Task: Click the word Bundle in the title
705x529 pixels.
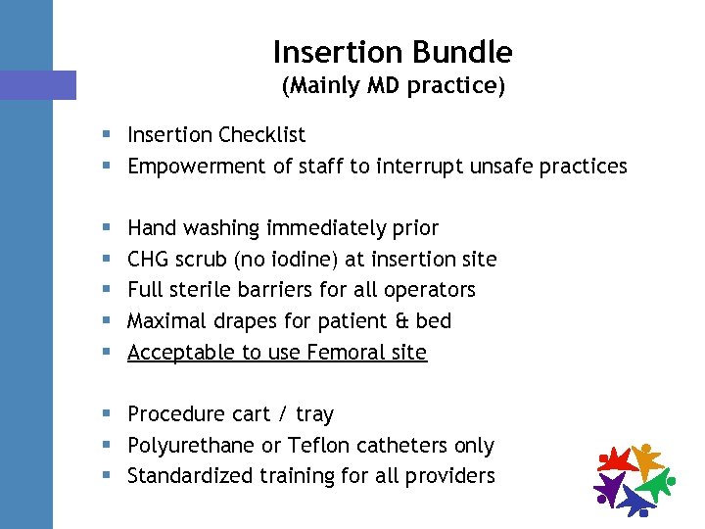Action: click(x=462, y=51)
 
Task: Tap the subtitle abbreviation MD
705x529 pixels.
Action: click(x=385, y=86)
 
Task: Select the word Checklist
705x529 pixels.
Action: click(x=262, y=135)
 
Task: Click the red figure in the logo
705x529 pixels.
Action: click(x=618, y=459)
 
